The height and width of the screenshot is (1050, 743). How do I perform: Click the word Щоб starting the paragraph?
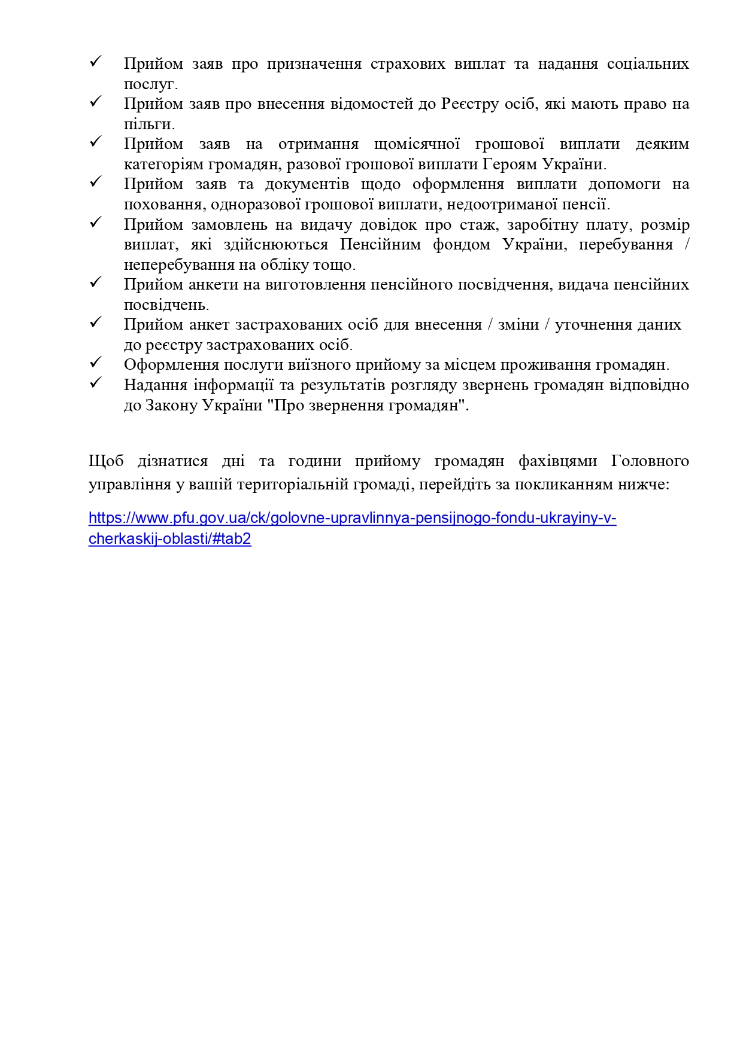tap(106, 461)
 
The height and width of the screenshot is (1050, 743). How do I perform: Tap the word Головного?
tap(650, 461)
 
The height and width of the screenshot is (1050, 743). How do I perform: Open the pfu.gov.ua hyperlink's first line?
tap(352, 518)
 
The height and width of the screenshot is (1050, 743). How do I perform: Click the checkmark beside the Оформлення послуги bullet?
tap(95, 363)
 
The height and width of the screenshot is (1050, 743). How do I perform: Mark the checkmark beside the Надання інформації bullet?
tap(95, 383)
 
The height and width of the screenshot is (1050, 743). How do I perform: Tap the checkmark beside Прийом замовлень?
tap(95, 223)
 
